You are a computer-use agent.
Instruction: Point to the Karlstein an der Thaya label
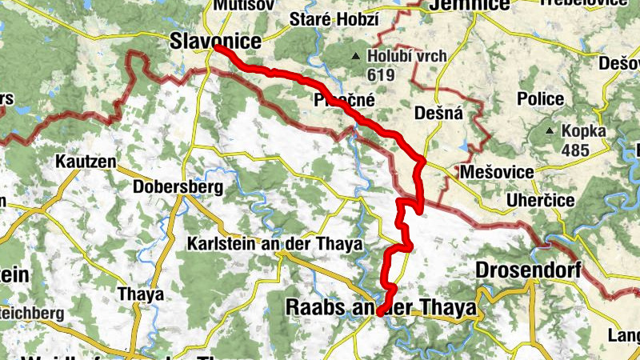click(274, 243)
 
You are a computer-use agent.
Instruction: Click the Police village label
click(540, 98)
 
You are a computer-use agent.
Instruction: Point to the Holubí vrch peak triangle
click(355, 56)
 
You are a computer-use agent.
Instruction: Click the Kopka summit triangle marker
click(549, 130)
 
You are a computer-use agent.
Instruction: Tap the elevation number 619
click(381, 74)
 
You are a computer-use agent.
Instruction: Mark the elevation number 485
click(574, 150)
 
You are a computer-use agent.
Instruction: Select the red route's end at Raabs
click(379, 311)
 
